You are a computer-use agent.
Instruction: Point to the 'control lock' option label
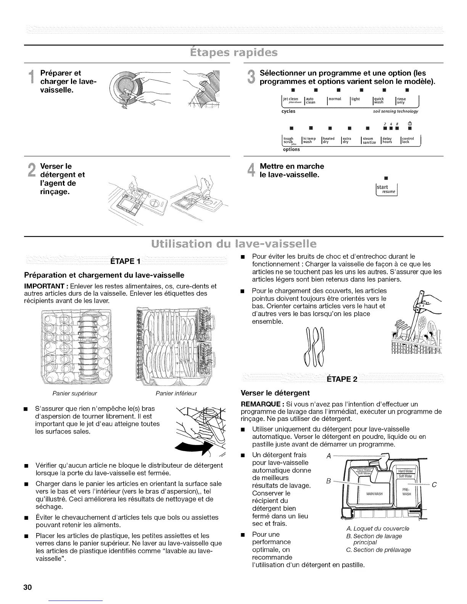tap(409, 140)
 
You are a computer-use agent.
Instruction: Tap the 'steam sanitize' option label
tap(369, 140)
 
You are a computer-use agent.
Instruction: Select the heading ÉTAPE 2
tap(342, 379)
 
